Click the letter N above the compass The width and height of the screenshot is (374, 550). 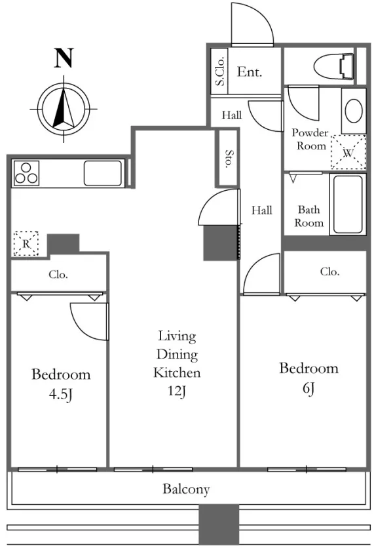[64, 58]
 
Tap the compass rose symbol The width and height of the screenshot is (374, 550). [64, 109]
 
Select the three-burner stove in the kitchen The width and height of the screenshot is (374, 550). [26, 173]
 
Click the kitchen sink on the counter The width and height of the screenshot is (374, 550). [103, 173]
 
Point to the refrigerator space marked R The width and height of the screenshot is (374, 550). [26, 243]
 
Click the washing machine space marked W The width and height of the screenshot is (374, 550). [348, 153]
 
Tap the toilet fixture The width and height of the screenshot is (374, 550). [333, 66]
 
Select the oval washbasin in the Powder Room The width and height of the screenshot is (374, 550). [354, 111]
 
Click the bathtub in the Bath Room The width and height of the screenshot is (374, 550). [348, 204]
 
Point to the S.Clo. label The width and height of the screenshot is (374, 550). [220, 71]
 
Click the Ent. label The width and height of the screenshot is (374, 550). [249, 71]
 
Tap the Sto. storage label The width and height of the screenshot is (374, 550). [229, 159]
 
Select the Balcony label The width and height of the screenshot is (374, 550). [186, 488]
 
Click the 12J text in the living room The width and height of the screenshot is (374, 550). [177, 391]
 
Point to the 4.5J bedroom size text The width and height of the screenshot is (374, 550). [61, 394]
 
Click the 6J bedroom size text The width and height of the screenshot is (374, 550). [309, 388]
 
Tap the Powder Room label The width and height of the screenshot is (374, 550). [310, 139]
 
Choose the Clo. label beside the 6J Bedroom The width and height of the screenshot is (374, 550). [329, 271]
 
